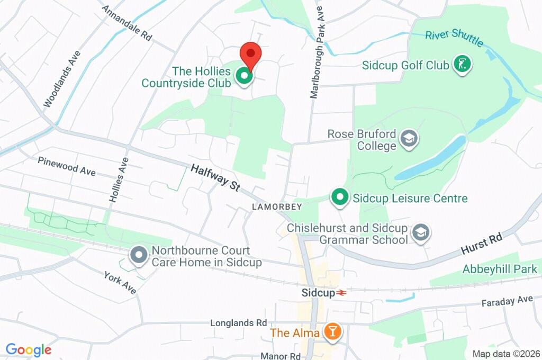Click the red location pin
coord(250,55)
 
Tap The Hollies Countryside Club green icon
coord(245,76)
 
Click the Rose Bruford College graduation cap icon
coord(409,139)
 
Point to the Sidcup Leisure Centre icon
coord(339,198)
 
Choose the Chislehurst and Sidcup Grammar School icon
coord(421,233)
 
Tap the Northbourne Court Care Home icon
coord(139,256)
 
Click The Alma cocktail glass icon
coord(333,332)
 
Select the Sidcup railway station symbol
coord(341,293)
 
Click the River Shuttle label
coord(454,38)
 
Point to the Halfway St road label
coord(215,178)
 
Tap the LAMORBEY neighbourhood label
coord(277,206)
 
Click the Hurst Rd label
coord(481,244)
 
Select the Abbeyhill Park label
coord(500,269)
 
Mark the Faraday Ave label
coord(507,301)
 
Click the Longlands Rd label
coord(238,322)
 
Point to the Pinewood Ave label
coord(67,166)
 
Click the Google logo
coord(29,349)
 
